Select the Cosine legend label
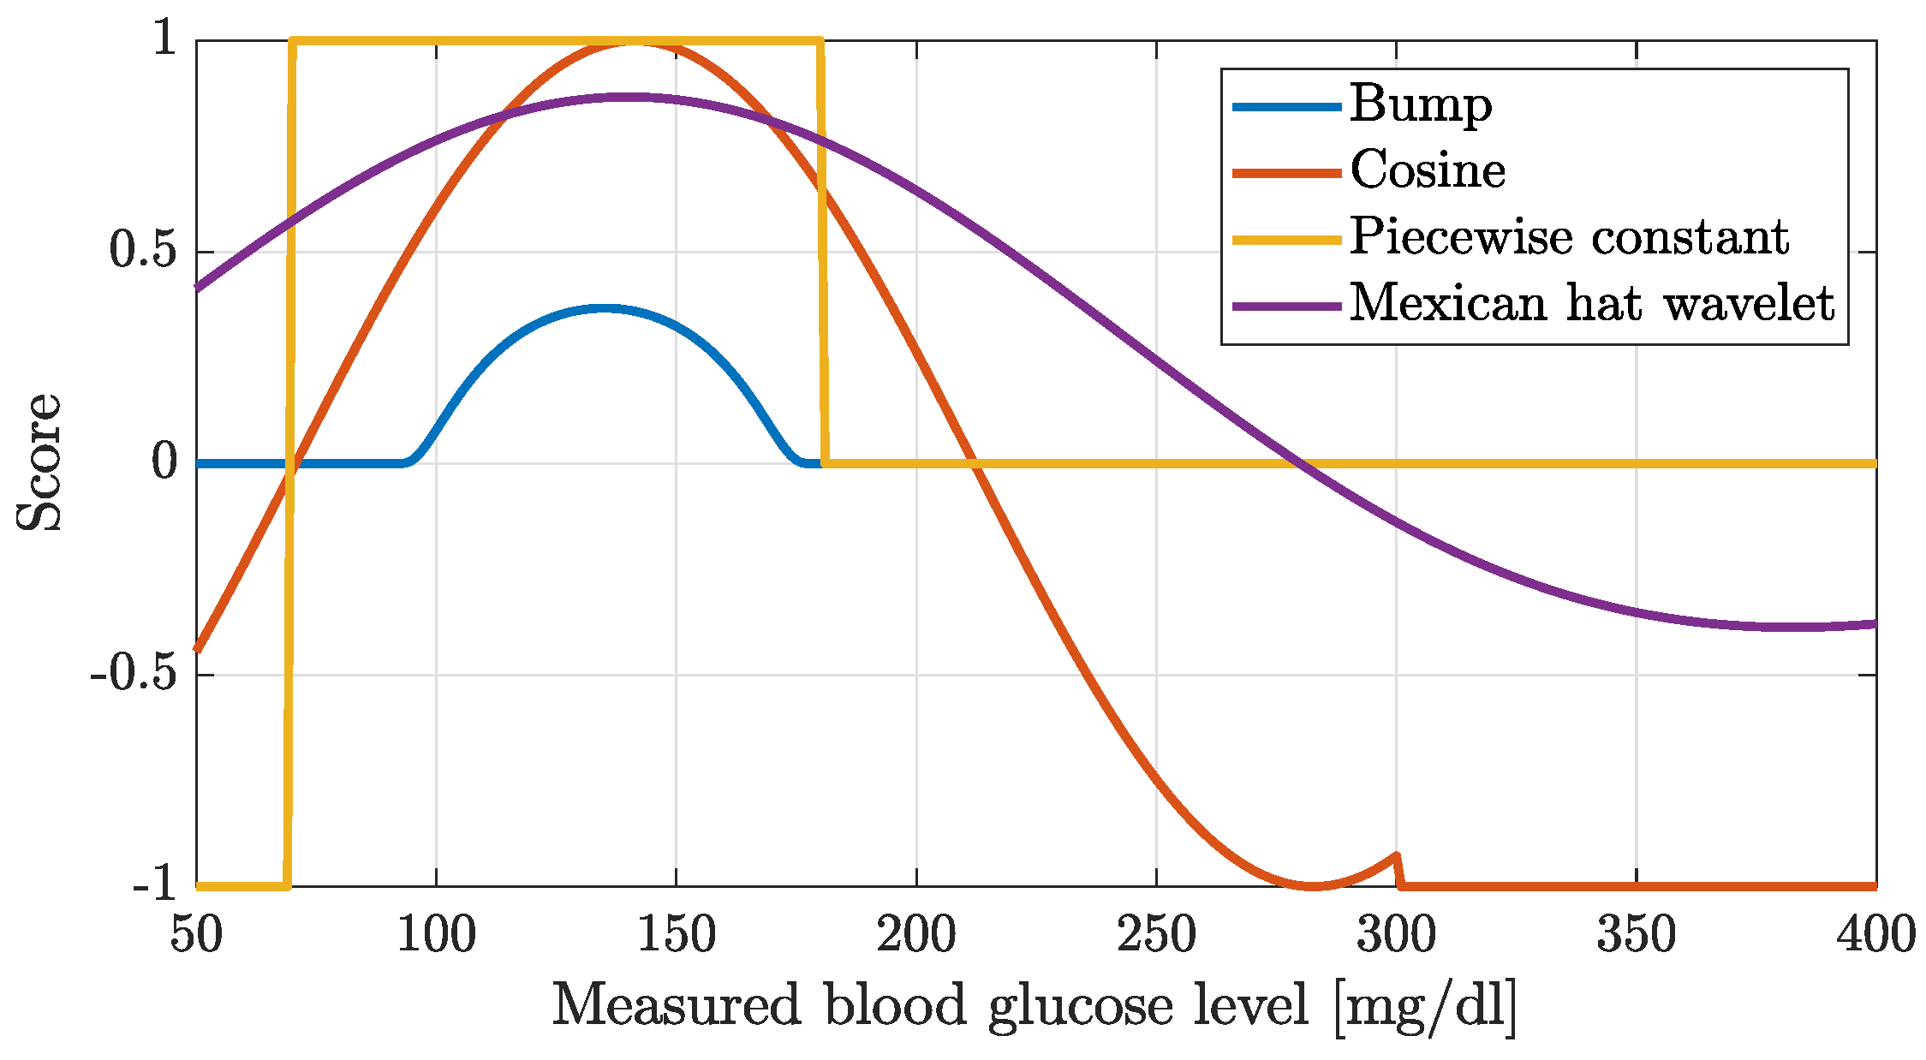coord(1428,171)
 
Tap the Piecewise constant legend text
coord(1569,238)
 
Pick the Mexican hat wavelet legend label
coord(1591,304)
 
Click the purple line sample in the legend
coord(1286,306)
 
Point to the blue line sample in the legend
coord(1286,107)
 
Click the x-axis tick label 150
coord(676,935)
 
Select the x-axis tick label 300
coord(1396,935)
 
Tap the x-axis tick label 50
coord(196,935)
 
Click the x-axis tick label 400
coord(1875,935)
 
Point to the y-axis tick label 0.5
coord(143,252)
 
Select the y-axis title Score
coord(39,463)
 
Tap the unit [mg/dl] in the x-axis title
coord(1425,1007)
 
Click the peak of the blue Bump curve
coord(605,308)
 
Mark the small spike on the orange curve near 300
coord(1397,856)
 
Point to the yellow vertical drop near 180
coord(823,257)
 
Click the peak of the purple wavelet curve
coord(634,98)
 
